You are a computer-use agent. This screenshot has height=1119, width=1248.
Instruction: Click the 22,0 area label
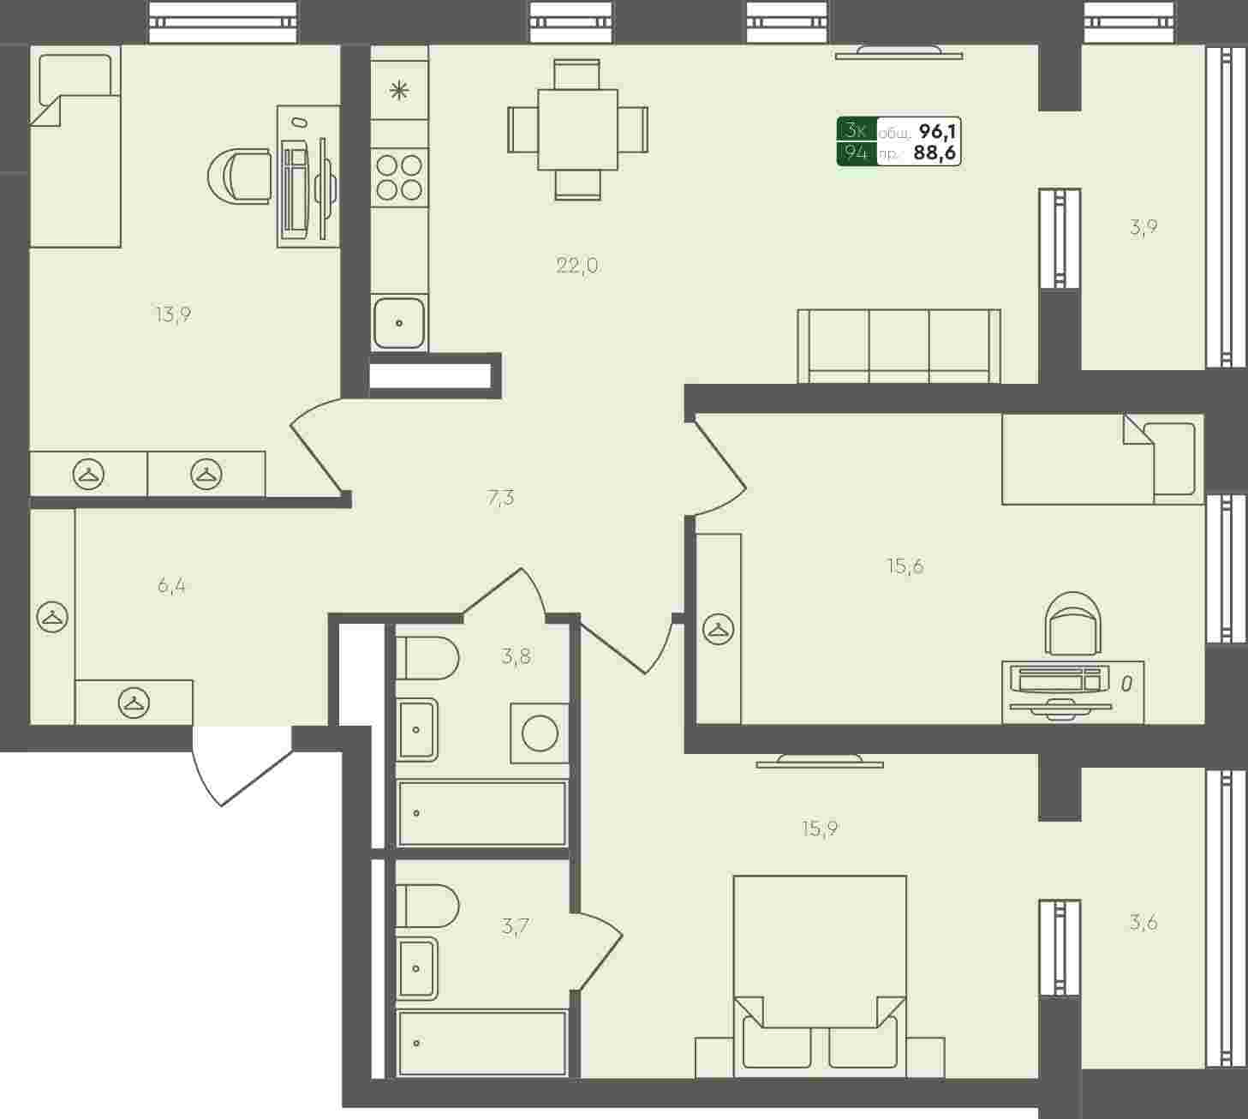pyautogui.click(x=577, y=266)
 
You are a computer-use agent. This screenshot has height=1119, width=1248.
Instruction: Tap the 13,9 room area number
pyautogui.click(x=173, y=314)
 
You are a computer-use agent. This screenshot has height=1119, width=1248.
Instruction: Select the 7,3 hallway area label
pyautogui.click(x=500, y=497)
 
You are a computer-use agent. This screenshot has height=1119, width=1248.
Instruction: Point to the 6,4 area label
pyautogui.click(x=171, y=585)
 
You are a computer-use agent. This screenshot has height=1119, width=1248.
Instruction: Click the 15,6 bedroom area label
pyautogui.click(x=905, y=565)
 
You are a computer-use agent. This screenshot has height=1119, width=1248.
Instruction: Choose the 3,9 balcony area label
pyautogui.click(x=1144, y=227)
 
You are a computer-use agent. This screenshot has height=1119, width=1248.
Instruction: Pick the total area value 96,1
pyautogui.click(x=938, y=131)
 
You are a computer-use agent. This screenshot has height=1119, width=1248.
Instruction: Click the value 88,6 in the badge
pyautogui.click(x=935, y=153)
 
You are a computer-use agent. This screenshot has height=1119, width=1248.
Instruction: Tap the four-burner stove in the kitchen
pyautogui.click(x=399, y=177)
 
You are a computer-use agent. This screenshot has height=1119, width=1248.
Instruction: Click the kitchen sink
pyautogui.click(x=399, y=323)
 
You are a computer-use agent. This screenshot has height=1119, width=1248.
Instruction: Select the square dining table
pyautogui.click(x=578, y=129)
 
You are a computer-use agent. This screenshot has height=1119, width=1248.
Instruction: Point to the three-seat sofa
pyautogui.click(x=899, y=346)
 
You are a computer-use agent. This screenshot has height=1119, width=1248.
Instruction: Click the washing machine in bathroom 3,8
pyautogui.click(x=540, y=733)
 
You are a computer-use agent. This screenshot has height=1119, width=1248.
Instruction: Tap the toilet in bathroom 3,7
pyautogui.click(x=427, y=907)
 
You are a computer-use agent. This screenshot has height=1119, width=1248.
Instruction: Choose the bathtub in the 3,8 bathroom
pyautogui.click(x=482, y=813)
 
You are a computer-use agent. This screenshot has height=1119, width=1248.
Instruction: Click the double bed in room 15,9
pyautogui.click(x=820, y=976)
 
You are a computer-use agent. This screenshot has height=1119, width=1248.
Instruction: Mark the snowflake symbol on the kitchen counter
pyautogui.click(x=399, y=91)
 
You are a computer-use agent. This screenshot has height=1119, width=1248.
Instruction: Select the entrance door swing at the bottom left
pyautogui.click(x=242, y=766)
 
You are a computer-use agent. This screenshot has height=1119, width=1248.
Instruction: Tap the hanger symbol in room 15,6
pyautogui.click(x=719, y=629)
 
